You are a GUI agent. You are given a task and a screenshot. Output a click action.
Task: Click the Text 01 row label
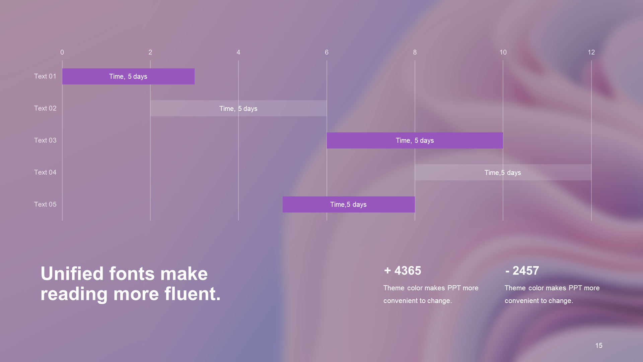tap(45, 76)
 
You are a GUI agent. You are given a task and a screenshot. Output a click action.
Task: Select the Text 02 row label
tap(45, 108)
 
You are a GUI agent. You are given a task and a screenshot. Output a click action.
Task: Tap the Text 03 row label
tap(45, 140)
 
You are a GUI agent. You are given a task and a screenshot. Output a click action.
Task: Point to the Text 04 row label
tap(45, 172)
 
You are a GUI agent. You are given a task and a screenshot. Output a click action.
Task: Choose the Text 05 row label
tap(45, 204)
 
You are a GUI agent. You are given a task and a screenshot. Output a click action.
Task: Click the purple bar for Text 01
tap(128, 76)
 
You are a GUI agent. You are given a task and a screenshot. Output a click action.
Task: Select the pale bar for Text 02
tap(238, 108)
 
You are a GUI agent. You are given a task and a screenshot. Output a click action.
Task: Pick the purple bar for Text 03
tap(415, 140)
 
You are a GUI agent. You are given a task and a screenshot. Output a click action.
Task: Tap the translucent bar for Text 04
tap(503, 172)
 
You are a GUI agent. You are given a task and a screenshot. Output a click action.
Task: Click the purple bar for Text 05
tap(349, 204)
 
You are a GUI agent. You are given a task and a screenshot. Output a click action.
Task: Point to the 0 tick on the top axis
tap(62, 52)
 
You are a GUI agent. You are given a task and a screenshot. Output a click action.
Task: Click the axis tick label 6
tap(327, 52)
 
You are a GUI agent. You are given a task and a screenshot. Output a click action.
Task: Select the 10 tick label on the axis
tap(503, 52)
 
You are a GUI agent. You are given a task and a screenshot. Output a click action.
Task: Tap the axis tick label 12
tap(591, 52)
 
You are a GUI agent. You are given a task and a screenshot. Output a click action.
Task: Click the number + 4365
tap(403, 270)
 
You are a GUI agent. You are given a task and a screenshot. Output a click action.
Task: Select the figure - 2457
tap(522, 270)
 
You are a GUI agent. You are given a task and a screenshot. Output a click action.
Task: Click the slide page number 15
tap(599, 346)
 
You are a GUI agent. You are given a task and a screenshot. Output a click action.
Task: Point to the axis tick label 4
tap(238, 52)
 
